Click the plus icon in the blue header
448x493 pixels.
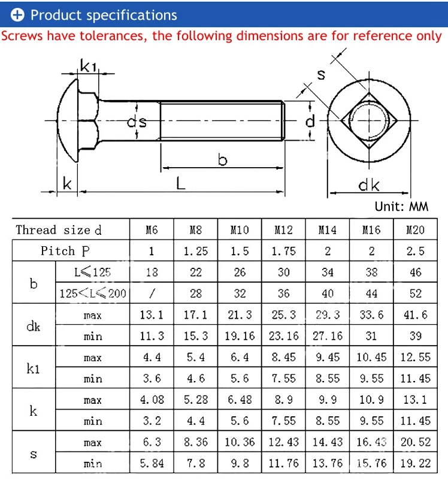(17, 15)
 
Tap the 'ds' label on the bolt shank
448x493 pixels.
(137, 122)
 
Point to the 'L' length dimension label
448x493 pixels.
(180, 183)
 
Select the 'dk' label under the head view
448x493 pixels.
(368, 185)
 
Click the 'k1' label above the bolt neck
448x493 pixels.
(89, 66)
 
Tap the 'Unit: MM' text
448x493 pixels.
(401, 207)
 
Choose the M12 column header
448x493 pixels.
(283, 230)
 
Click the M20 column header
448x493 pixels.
(415, 230)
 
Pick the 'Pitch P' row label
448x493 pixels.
(65, 251)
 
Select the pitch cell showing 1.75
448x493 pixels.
(283, 251)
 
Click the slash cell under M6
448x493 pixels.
(152, 294)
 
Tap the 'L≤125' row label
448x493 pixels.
(92, 272)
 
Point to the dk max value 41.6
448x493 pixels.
(415, 314)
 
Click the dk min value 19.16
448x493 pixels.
(240, 336)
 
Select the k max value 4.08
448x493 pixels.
(152, 400)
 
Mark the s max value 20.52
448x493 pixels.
(415, 442)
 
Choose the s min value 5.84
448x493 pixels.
(152, 463)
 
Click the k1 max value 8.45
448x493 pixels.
(283, 357)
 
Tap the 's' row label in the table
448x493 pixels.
(34, 453)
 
